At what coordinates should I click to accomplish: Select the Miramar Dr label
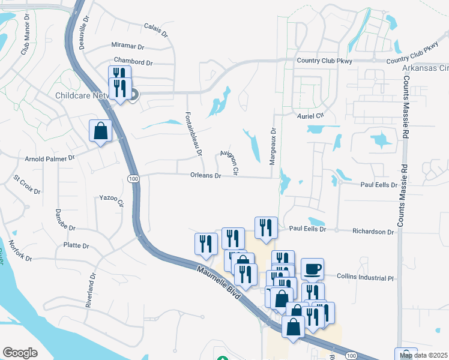(x=128, y=46)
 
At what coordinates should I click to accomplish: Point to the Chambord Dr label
(x=133, y=62)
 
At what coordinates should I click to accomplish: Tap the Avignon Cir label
(x=229, y=163)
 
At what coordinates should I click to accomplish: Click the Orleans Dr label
(x=206, y=176)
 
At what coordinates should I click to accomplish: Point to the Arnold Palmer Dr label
(x=49, y=158)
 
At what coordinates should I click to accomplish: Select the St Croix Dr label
(x=27, y=184)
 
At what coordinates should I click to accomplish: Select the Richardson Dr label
(x=372, y=230)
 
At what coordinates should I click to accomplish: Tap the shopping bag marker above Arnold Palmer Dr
(x=100, y=130)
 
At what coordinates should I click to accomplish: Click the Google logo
(x=19, y=353)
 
